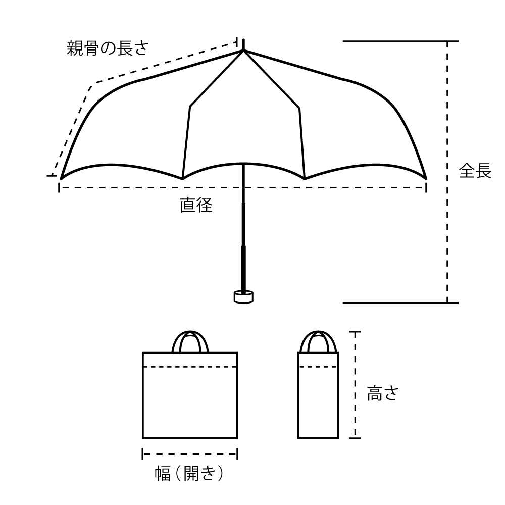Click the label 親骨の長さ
point(108,48)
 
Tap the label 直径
point(196,205)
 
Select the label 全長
point(475,170)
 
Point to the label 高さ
point(383,393)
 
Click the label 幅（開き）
point(189,474)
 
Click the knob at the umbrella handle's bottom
point(243,296)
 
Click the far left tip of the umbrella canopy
point(61,179)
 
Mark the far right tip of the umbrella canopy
point(426,179)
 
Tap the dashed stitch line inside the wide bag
point(190,367)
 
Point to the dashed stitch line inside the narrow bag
point(318,367)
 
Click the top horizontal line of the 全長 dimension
point(400,41)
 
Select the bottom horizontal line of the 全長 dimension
point(400,302)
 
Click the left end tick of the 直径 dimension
point(59,187)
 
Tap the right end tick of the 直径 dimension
point(426,187)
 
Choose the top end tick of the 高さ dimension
point(355,331)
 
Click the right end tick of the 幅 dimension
point(237,454)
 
